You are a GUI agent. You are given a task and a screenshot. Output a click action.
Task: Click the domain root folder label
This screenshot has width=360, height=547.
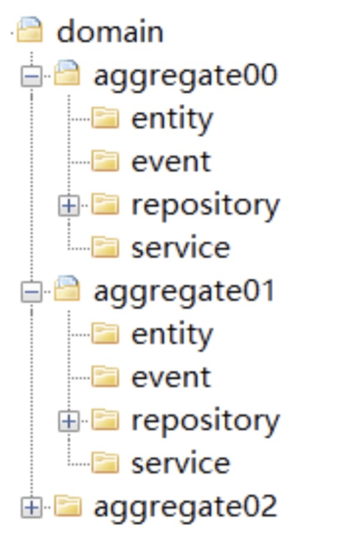[110, 32]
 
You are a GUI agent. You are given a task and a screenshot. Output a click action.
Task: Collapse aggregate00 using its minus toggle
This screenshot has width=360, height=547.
[32, 76]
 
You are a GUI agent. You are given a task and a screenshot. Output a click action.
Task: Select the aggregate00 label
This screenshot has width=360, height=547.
[185, 76]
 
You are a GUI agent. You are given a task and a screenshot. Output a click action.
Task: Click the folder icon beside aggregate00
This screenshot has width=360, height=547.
[67, 73]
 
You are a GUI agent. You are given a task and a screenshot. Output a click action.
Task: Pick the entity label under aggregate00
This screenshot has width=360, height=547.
[172, 119]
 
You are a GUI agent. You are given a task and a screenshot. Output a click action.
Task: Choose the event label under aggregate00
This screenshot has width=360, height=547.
[171, 162]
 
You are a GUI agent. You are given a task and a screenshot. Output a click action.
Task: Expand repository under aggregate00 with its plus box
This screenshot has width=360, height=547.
[69, 206]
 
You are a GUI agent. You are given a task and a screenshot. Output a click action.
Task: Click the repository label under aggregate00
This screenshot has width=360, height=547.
[205, 206]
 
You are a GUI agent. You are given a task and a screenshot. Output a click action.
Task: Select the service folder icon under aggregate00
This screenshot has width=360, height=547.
[105, 247]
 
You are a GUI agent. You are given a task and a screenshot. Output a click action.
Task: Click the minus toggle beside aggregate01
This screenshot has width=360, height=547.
[32, 292]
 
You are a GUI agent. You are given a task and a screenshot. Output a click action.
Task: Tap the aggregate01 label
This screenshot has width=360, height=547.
[184, 292]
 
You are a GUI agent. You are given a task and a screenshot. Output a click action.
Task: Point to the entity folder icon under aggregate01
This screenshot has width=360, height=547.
[105, 333]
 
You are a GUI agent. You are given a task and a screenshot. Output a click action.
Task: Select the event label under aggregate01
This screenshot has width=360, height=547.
[171, 377]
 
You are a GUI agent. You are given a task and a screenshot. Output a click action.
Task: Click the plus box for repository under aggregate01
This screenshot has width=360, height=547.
[69, 421]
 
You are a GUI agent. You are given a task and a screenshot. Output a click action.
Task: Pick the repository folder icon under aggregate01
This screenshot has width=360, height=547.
[105, 419]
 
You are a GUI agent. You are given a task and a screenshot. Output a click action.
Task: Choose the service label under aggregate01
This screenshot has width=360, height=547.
[181, 463]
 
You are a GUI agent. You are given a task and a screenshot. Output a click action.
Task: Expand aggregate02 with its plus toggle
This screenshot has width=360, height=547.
[32, 507]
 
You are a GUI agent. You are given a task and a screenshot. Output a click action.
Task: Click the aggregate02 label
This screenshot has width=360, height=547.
[185, 507]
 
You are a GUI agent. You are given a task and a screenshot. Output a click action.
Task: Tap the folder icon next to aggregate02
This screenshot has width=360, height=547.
[68, 506]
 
